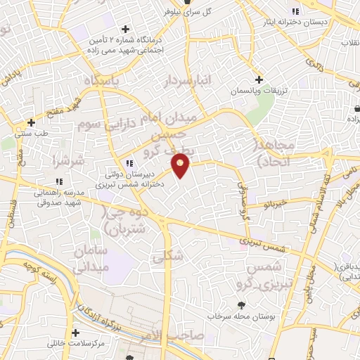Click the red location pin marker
click(181, 165)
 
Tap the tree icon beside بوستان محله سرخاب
click(243, 305)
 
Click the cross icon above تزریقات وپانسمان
click(259, 80)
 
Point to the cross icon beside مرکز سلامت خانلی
click(75, 332)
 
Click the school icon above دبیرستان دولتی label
click(129, 163)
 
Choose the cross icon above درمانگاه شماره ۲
click(125, 29)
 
